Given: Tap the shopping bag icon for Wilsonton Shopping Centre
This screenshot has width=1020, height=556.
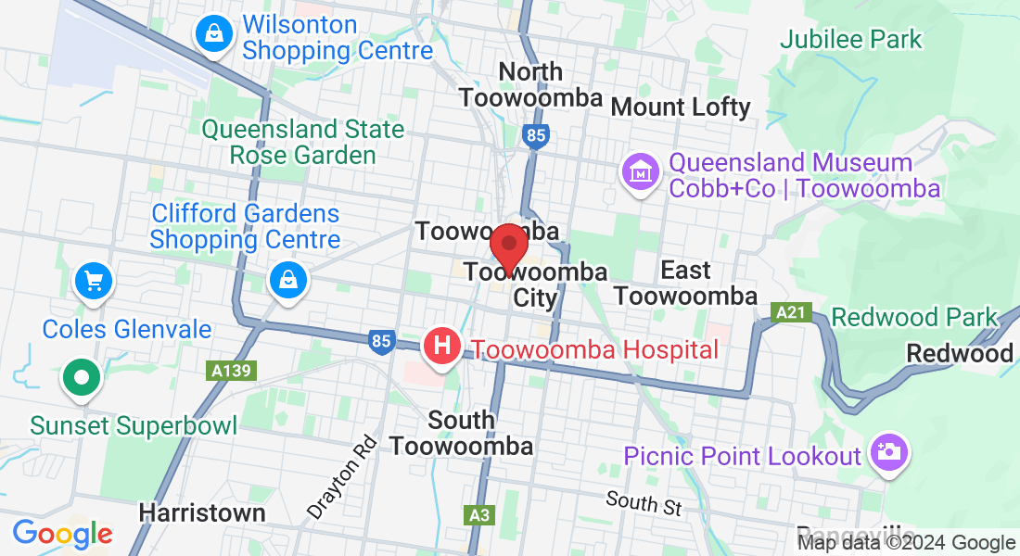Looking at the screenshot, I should click(x=214, y=35).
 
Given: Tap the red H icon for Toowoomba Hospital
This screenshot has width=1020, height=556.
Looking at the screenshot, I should click(x=442, y=347).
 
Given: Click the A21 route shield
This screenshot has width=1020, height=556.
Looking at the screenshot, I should click(x=791, y=313).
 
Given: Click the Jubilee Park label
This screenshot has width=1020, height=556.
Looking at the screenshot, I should click(x=850, y=39).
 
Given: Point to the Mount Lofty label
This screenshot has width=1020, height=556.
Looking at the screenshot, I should click(x=680, y=107).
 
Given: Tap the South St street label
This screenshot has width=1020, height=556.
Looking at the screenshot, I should click(x=644, y=503).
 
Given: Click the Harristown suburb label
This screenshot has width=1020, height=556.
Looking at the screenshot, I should click(x=201, y=512).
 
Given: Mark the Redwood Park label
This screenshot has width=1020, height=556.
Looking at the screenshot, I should click(x=914, y=317).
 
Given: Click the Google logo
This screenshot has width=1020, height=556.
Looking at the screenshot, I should click(x=62, y=534).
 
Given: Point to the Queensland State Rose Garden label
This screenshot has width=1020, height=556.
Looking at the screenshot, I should click(x=303, y=142).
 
